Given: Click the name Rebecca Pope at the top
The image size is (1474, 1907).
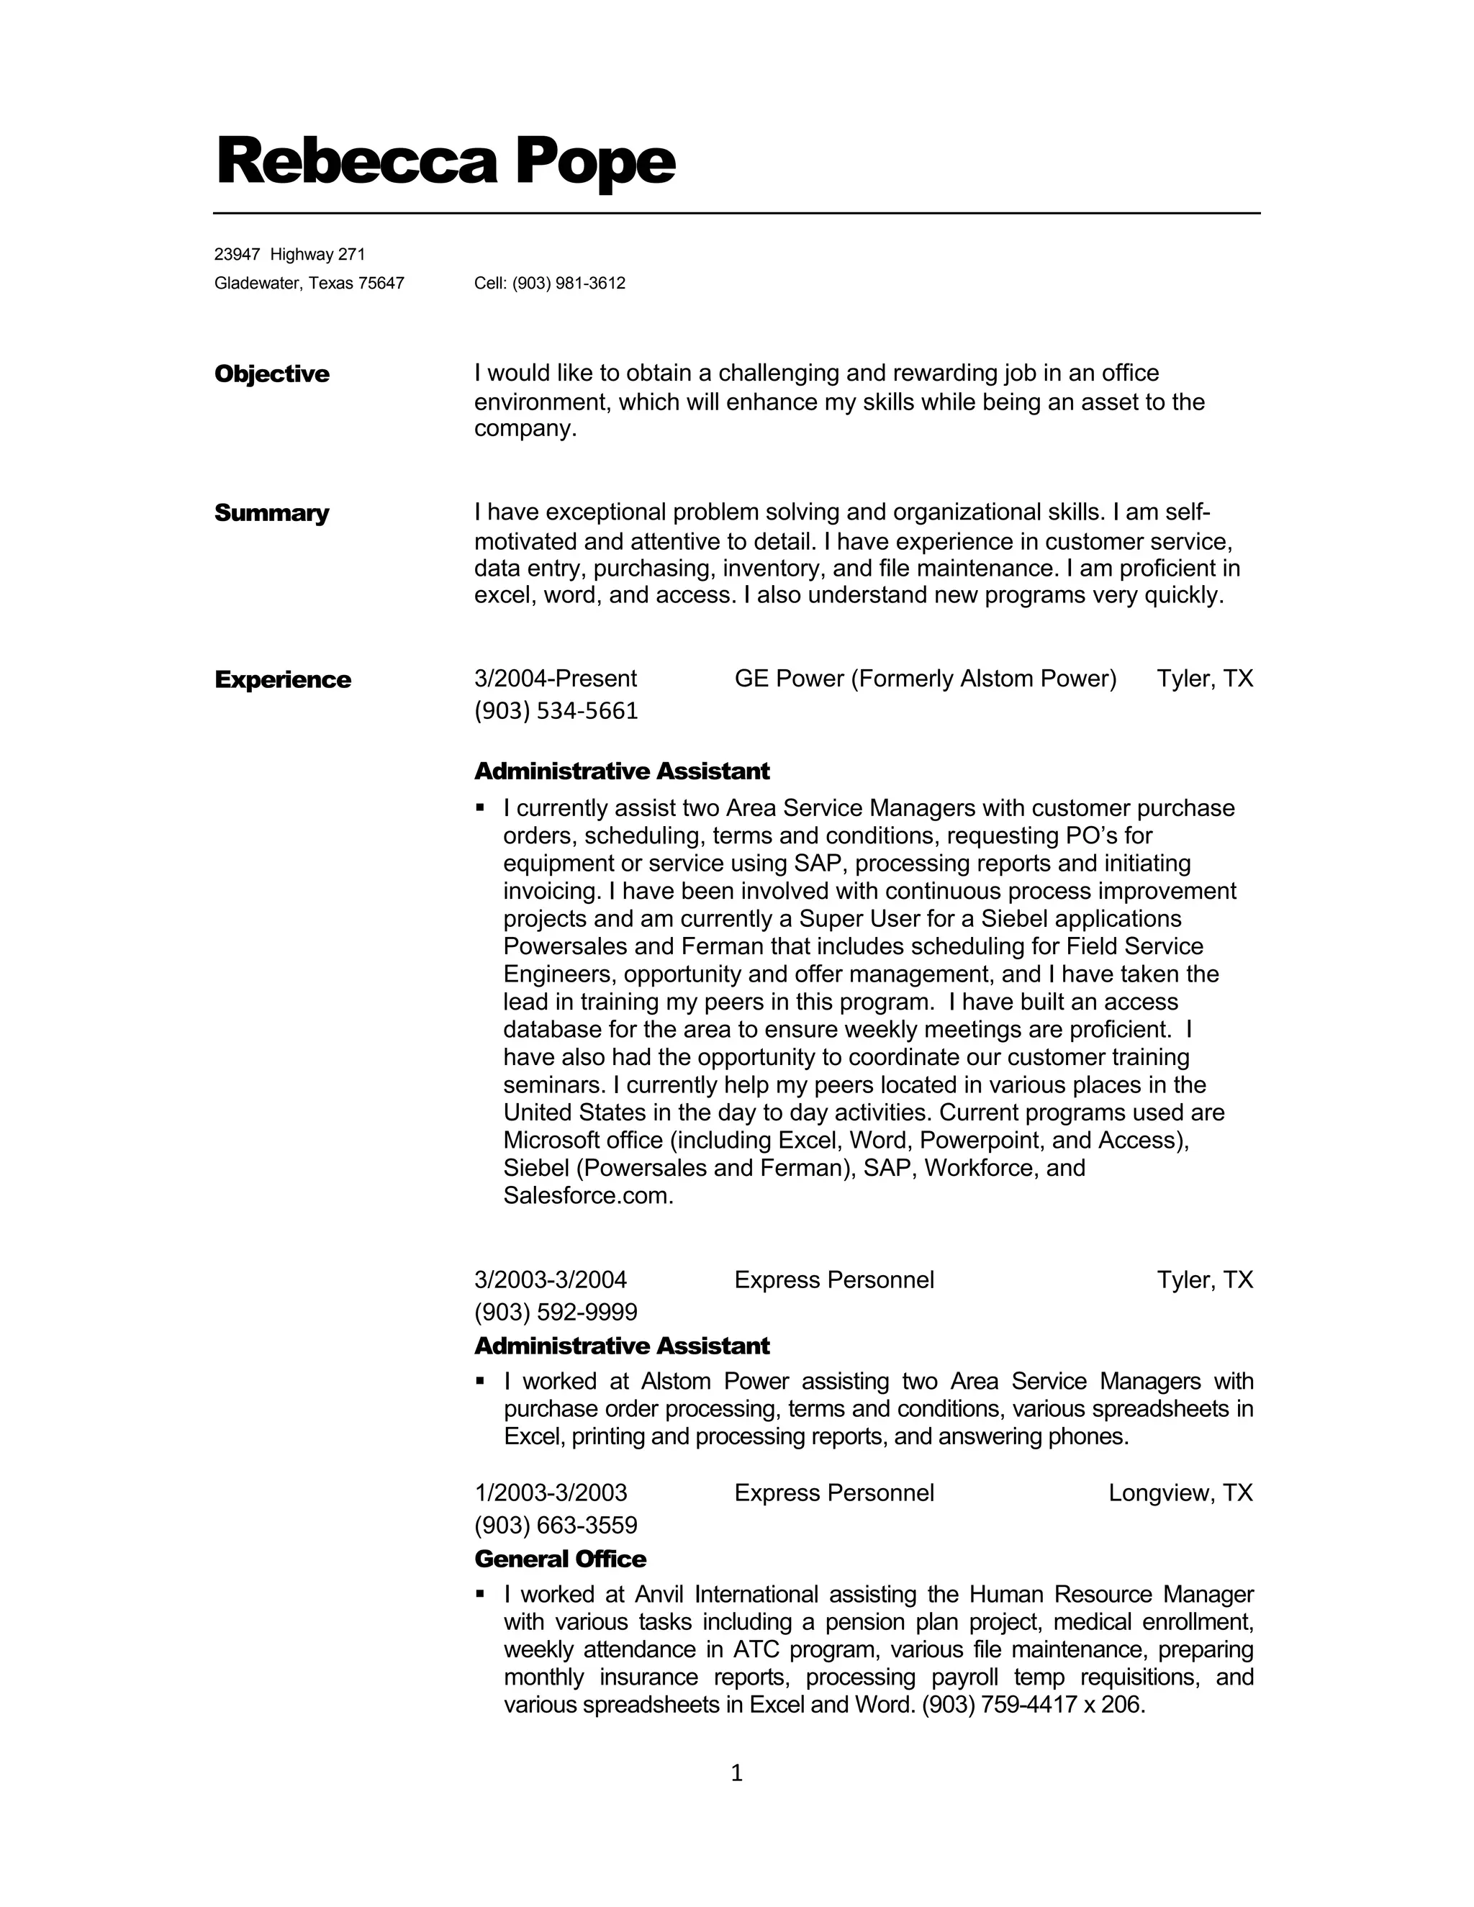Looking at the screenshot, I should point(446,161).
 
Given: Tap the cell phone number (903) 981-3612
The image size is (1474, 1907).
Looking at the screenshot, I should point(569,283).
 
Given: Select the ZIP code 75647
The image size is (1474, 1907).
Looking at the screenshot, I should point(381,283).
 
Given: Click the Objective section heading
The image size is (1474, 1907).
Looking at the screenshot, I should point(271,373).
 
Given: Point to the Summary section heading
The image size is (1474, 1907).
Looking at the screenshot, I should point(271,512).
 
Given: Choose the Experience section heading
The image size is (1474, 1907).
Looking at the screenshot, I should point(283,679).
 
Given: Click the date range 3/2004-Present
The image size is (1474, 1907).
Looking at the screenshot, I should point(556,679).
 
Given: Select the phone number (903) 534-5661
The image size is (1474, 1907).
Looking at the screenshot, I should point(556,711).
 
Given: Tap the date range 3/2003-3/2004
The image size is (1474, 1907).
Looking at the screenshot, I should point(550,1280).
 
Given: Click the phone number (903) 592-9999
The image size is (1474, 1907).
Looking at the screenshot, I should point(556,1311).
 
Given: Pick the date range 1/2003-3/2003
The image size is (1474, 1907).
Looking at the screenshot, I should point(550,1493).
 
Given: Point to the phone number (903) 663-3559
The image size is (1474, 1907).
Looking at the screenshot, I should point(556,1525).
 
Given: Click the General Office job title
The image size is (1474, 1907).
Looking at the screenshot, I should point(560,1559).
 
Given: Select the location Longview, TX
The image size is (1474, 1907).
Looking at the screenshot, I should point(1180,1493).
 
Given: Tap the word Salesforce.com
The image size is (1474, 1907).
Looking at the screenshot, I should point(588,1195).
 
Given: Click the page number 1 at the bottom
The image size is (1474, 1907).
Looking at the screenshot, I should point(736,1772).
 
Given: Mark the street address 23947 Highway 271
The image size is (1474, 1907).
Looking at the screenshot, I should point(290,254).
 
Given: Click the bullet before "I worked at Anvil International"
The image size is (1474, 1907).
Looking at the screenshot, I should point(479,1593).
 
